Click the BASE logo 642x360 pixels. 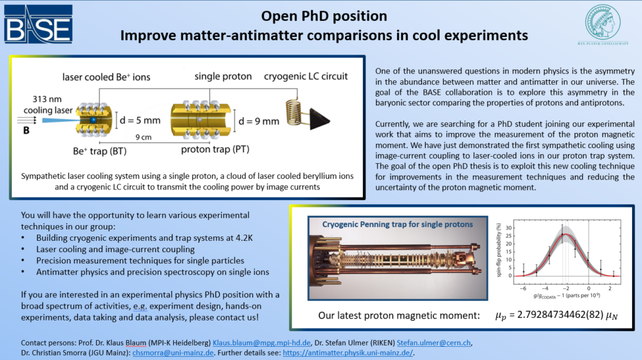38,24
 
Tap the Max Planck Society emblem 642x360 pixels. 603,24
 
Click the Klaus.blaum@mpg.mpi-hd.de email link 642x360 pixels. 261,343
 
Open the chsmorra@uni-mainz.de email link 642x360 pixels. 173,352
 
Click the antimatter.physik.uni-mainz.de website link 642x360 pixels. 347,352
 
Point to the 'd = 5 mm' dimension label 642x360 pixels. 140,120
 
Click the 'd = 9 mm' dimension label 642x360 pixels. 258,121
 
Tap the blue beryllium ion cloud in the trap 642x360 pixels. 93,120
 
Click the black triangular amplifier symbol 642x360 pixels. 319,119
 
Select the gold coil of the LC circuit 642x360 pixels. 294,112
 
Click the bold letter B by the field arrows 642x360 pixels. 26,130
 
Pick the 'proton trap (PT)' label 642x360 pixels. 216,149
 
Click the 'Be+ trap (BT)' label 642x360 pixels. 100,151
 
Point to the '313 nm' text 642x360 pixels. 47,99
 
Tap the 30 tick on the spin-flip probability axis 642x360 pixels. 508,228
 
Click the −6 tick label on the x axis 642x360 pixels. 523,289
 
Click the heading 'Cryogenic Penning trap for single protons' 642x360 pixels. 397,225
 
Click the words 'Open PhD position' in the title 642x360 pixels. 324,16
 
